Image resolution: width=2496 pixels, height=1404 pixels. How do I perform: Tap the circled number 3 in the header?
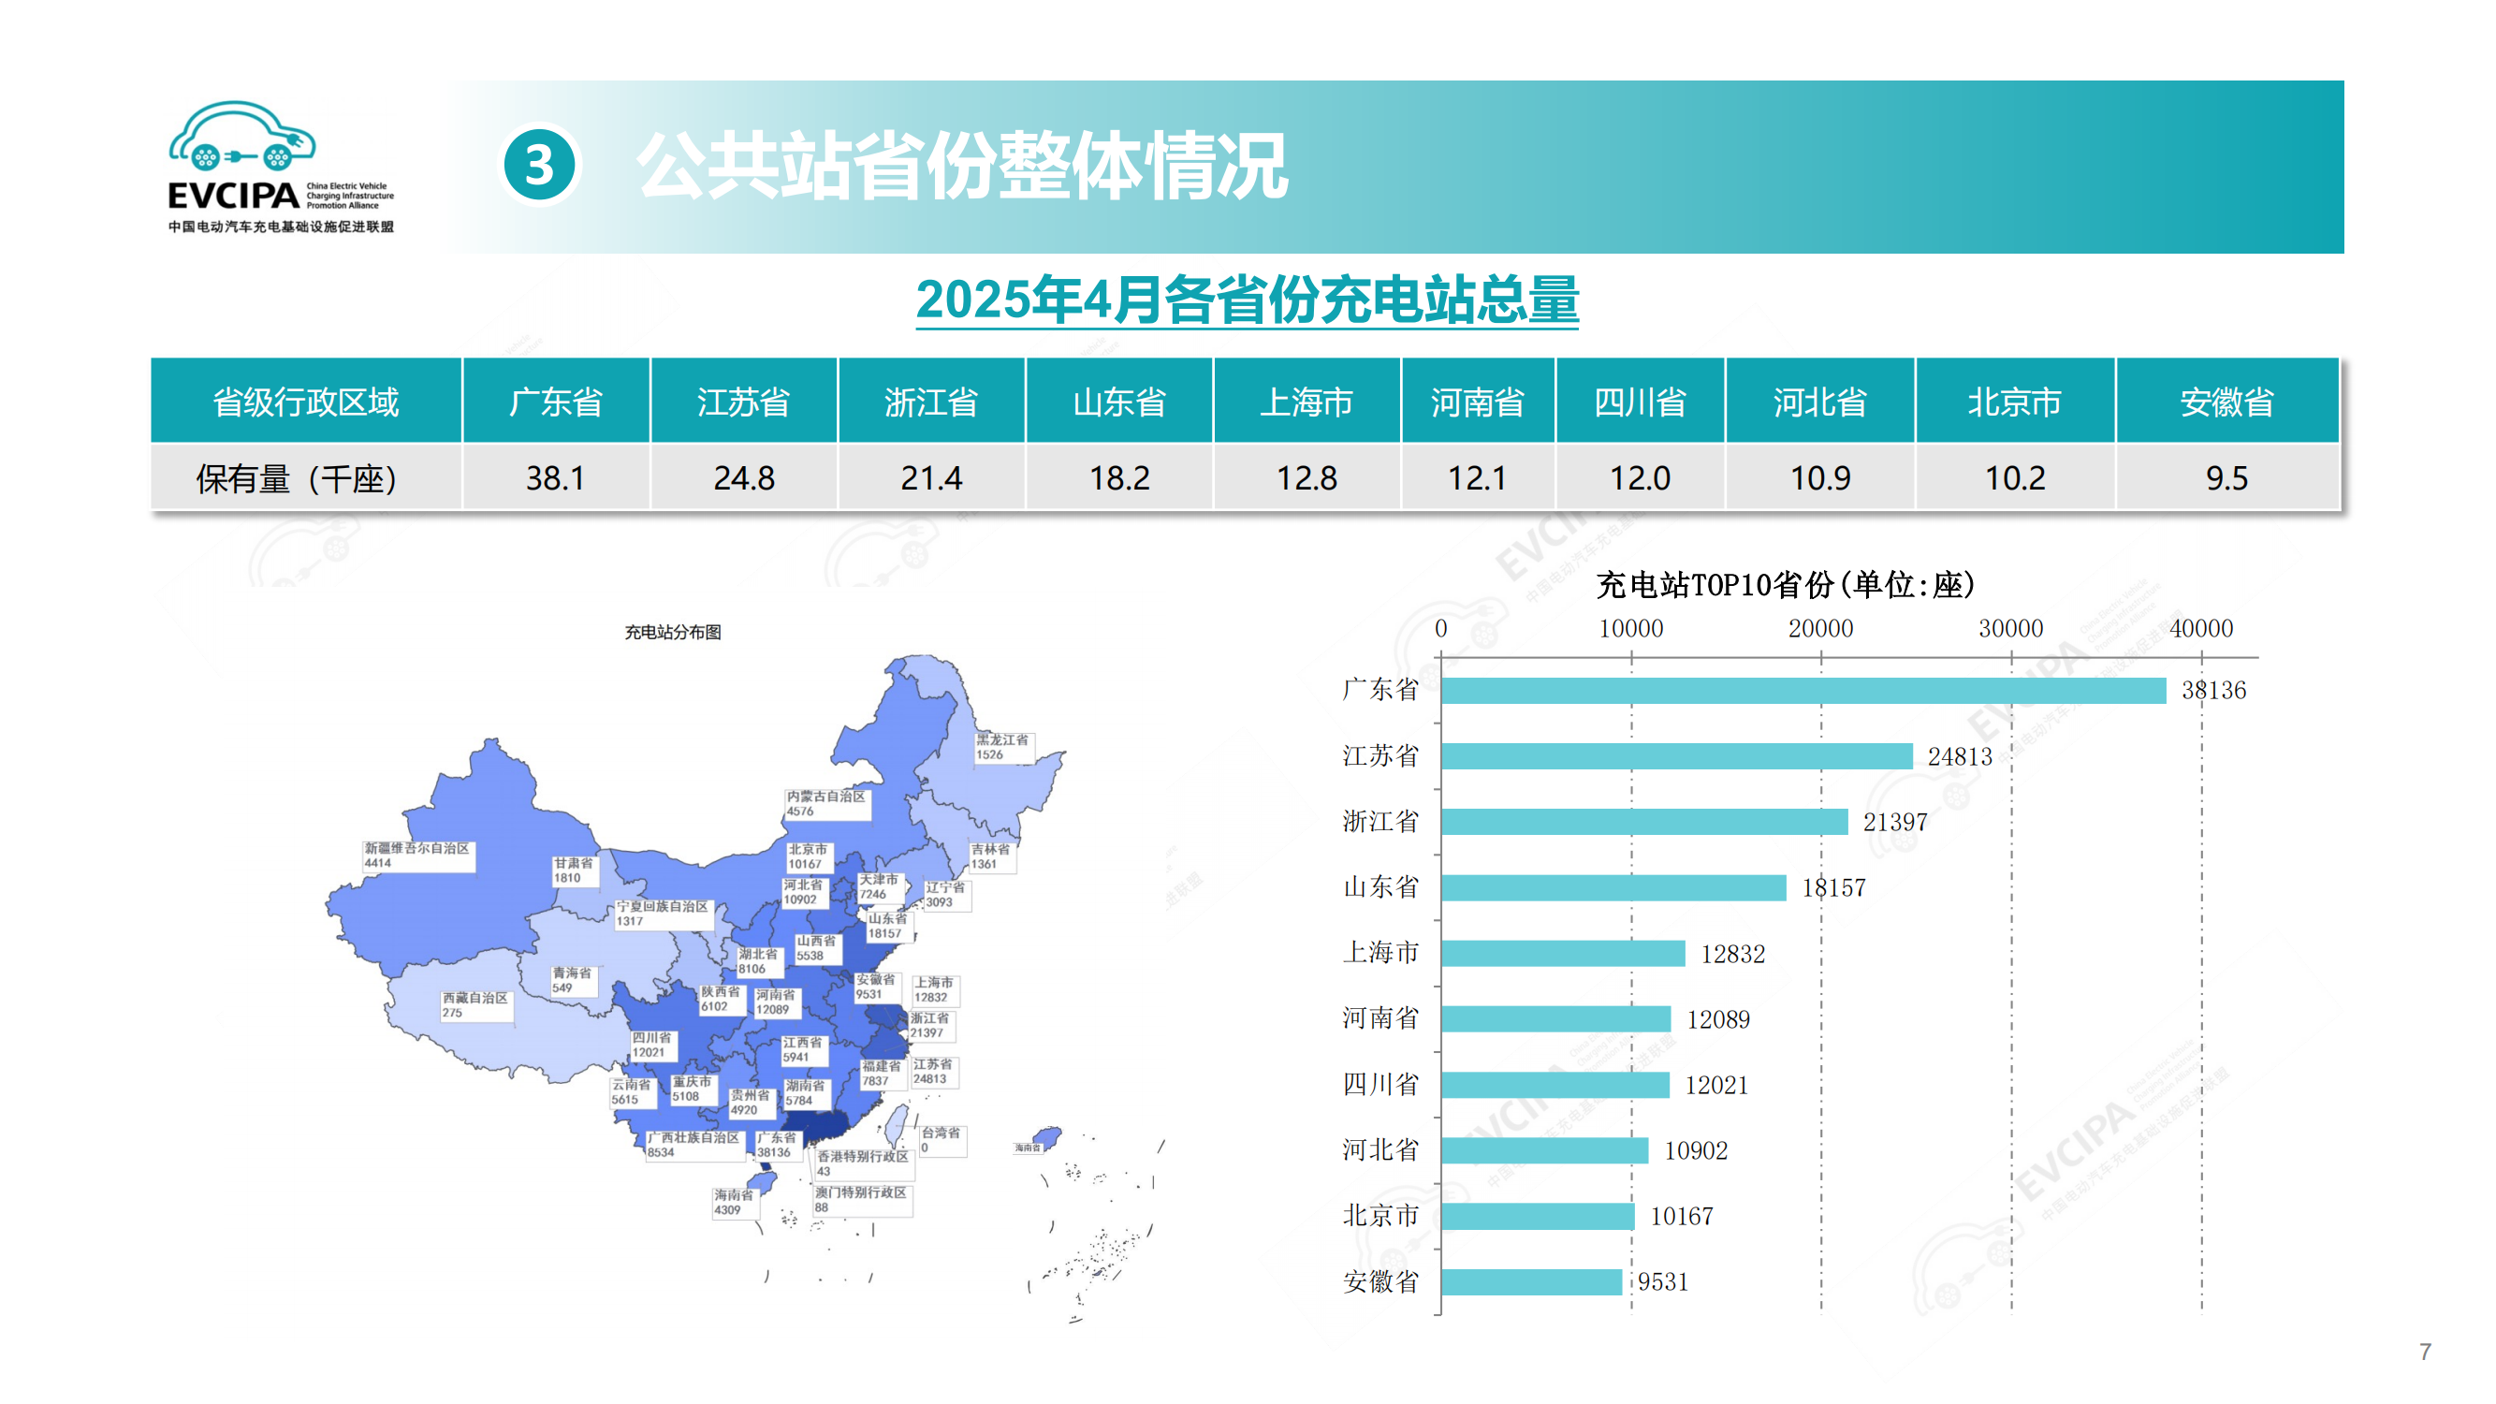pyautogui.click(x=540, y=165)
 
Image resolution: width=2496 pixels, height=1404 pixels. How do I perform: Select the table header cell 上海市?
pyautogui.click(x=1306, y=402)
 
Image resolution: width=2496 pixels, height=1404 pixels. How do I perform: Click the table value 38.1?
pyautogui.click(x=555, y=477)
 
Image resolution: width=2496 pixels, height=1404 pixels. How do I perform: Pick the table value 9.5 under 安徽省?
pyautogui.click(x=2226, y=477)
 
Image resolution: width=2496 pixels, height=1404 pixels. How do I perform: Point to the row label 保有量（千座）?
pyautogui.click(x=297, y=477)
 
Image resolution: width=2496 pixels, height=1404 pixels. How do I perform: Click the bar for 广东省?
pyautogui.click(x=1803, y=690)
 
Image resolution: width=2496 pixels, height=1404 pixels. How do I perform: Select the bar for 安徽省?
pyautogui.click(x=1531, y=1281)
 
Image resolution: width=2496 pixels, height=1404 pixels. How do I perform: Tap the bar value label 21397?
pyautogui.click(x=1894, y=822)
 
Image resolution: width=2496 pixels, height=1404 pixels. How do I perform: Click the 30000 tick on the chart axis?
pyautogui.click(x=2009, y=628)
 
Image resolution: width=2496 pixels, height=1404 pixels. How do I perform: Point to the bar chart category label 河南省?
pyautogui.click(x=1379, y=1017)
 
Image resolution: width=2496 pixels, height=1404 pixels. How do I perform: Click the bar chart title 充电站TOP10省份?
pyautogui.click(x=1784, y=584)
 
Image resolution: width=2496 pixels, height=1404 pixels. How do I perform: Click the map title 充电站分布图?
pyautogui.click(x=673, y=632)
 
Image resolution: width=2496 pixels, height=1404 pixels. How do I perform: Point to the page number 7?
pyautogui.click(x=2424, y=1351)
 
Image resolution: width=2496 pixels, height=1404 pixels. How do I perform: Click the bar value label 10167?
pyautogui.click(x=1681, y=1216)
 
